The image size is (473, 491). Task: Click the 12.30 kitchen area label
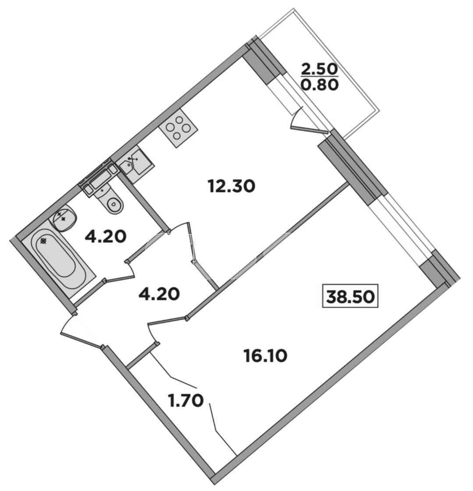click(231, 186)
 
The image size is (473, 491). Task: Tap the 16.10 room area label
click(265, 356)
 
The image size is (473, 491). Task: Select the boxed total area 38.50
click(350, 296)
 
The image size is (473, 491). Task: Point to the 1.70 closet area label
click(186, 400)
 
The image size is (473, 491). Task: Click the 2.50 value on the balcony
click(319, 69)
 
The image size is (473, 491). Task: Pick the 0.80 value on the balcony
click(319, 84)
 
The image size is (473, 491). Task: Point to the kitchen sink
click(135, 165)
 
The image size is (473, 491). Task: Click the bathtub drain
click(43, 241)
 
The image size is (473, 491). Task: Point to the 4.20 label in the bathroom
click(106, 237)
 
